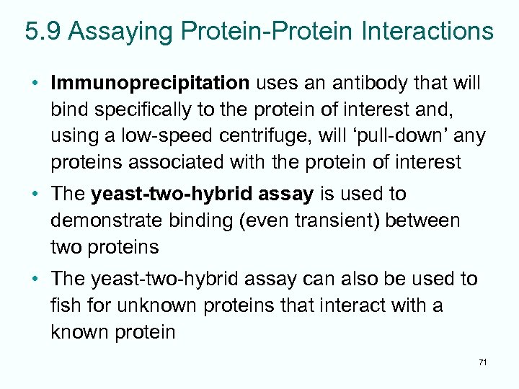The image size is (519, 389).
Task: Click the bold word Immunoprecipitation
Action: tap(150, 84)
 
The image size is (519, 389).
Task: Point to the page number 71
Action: tap(482, 362)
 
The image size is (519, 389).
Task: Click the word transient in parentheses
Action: tap(329, 220)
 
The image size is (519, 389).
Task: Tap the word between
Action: tap(423, 220)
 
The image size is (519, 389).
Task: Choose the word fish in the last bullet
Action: tap(63, 305)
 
